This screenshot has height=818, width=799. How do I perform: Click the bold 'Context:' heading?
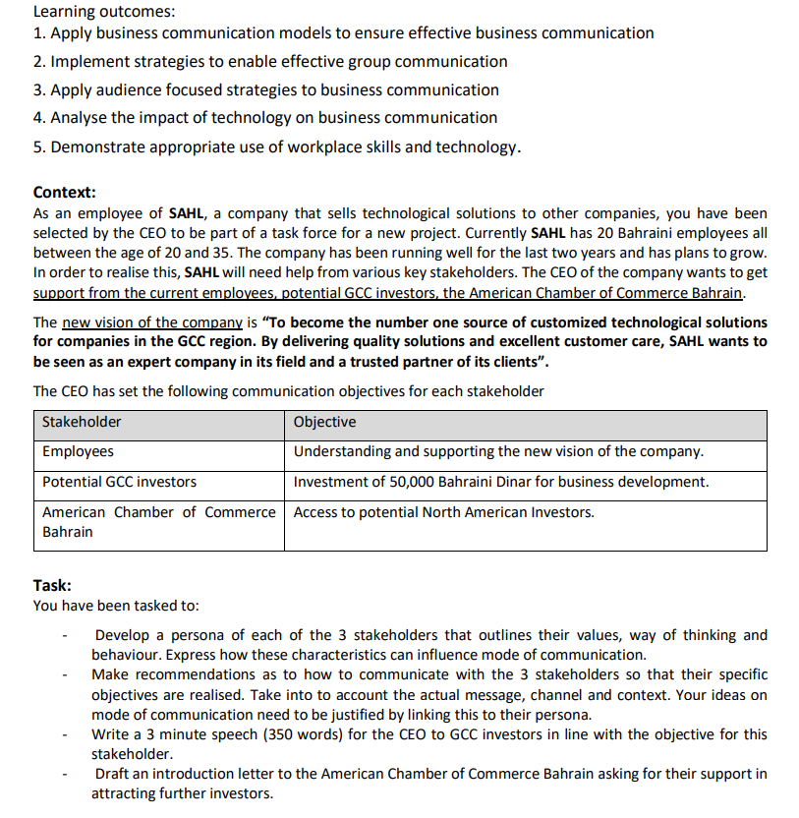click(64, 192)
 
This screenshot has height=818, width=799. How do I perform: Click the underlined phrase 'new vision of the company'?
click(151, 322)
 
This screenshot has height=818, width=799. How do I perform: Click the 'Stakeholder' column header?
click(82, 422)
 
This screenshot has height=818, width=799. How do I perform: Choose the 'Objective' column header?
click(324, 422)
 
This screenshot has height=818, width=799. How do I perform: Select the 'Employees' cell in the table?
click(78, 451)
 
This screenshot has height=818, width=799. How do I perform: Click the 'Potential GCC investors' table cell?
click(119, 482)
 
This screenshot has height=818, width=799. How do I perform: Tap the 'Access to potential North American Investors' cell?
click(443, 512)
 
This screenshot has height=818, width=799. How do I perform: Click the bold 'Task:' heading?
click(52, 585)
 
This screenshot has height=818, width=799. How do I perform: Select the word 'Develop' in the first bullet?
click(122, 636)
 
